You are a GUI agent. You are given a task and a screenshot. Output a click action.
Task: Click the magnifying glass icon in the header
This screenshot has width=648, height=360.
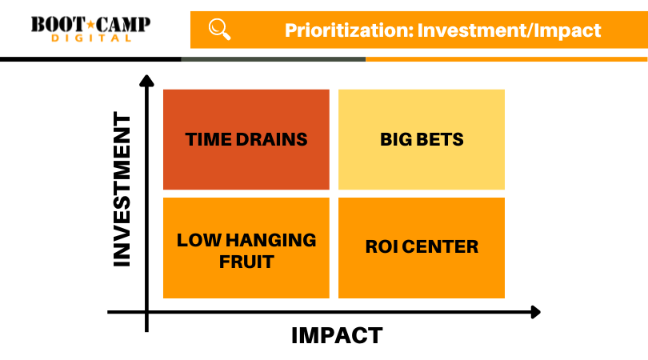tap(219, 30)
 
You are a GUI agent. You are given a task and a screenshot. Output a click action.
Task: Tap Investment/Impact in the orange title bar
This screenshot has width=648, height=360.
tap(509, 30)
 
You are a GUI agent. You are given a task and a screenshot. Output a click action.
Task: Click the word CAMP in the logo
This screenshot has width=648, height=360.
tap(122, 25)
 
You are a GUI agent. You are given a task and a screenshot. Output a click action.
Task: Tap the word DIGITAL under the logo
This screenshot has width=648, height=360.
tap(91, 38)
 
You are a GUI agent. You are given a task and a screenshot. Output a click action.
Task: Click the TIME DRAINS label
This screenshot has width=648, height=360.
tap(246, 139)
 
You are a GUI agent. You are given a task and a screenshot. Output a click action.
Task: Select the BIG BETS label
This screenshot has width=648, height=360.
tap(422, 139)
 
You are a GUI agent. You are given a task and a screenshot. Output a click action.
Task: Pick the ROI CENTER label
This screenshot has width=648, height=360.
tap(422, 246)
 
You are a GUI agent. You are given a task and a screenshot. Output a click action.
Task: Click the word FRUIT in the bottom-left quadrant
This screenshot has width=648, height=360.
tap(246, 262)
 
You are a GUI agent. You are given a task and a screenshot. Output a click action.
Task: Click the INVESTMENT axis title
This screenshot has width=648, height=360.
tap(122, 190)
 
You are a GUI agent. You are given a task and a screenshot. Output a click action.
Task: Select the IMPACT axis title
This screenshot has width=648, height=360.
tap(337, 335)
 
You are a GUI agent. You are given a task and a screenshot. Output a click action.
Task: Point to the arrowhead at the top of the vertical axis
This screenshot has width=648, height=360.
tap(146, 80)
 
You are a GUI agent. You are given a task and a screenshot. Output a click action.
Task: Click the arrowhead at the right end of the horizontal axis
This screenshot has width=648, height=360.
tap(535, 312)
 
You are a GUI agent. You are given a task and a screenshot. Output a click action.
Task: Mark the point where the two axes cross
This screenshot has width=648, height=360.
tap(146, 312)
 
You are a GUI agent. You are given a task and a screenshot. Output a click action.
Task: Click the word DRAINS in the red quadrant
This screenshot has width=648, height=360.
tap(271, 139)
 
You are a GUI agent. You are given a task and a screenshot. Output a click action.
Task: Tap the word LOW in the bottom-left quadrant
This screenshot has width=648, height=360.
tap(199, 240)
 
